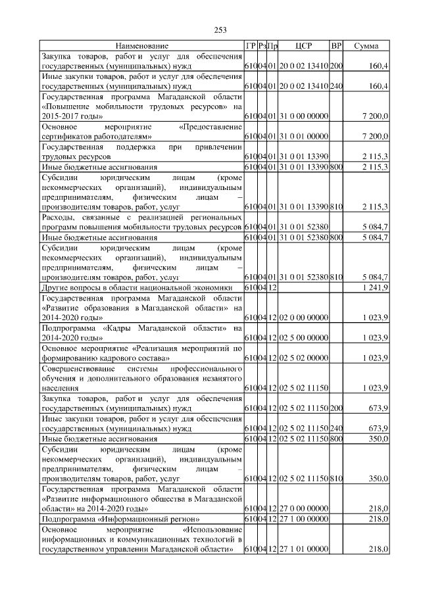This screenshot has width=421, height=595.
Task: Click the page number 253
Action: (220, 29)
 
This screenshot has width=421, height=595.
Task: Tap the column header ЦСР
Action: (303, 46)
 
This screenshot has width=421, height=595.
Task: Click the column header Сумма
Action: (366, 46)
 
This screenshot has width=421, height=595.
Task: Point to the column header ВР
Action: (336, 46)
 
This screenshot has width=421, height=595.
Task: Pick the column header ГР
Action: (250, 46)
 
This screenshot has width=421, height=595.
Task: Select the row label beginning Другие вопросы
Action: (137, 287)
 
